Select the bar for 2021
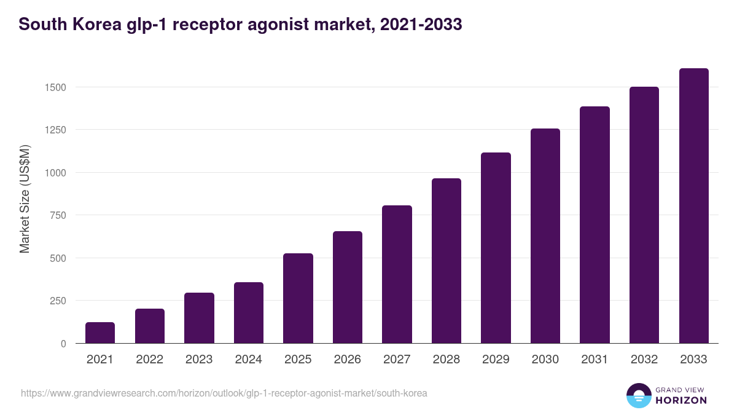tap(100, 333)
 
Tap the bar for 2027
tap(397, 274)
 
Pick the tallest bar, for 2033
tap(693, 206)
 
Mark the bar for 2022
tap(150, 326)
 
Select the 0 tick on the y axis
tap(64, 344)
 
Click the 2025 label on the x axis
tap(298, 360)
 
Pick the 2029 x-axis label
tap(496, 360)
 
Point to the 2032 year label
tap(644, 360)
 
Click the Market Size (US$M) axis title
tap(25, 199)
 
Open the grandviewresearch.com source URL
tap(224, 393)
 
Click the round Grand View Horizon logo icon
tap(638, 396)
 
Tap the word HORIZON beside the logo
tap(680, 400)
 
